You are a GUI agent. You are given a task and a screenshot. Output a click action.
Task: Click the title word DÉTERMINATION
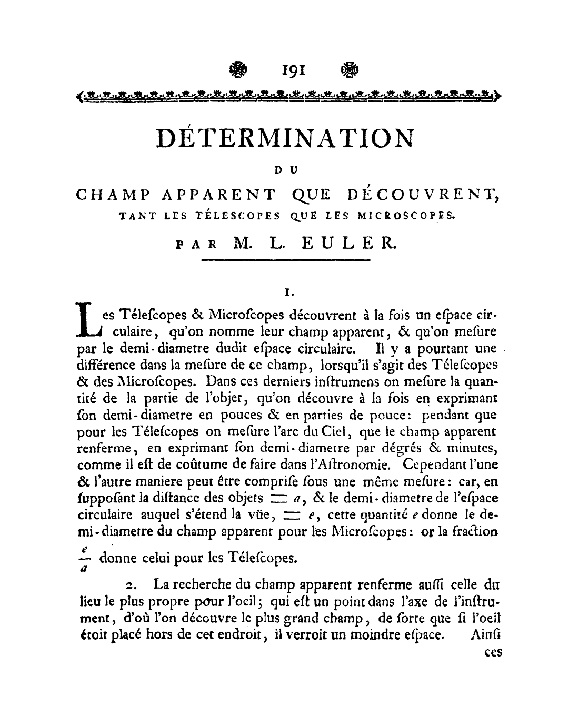pos(286,138)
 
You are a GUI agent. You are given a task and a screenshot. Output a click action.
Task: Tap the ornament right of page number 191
pos(348,69)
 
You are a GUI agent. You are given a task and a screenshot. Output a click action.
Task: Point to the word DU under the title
pos(286,169)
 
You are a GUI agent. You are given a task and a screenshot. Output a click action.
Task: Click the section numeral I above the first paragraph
pos(287,290)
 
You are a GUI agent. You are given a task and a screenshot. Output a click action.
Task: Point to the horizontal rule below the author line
pos(286,260)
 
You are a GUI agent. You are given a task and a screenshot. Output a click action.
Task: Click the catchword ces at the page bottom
pos(493,653)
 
